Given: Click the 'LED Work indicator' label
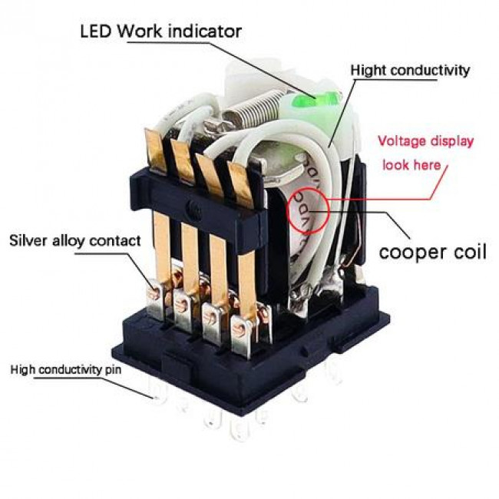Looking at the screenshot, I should click(x=160, y=31).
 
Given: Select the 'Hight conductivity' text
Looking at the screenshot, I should click(x=410, y=71).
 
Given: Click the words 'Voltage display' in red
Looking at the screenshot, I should click(x=425, y=141).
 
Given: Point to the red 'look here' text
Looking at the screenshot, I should click(x=412, y=164).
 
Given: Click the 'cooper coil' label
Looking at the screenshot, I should click(x=433, y=252).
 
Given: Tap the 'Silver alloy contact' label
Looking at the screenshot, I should click(x=74, y=240).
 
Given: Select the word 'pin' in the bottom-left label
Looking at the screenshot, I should click(x=111, y=370).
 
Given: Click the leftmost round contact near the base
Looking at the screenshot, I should click(x=154, y=288).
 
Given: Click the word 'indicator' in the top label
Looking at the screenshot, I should click(x=206, y=31).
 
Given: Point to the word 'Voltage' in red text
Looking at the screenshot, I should click(x=402, y=141).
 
